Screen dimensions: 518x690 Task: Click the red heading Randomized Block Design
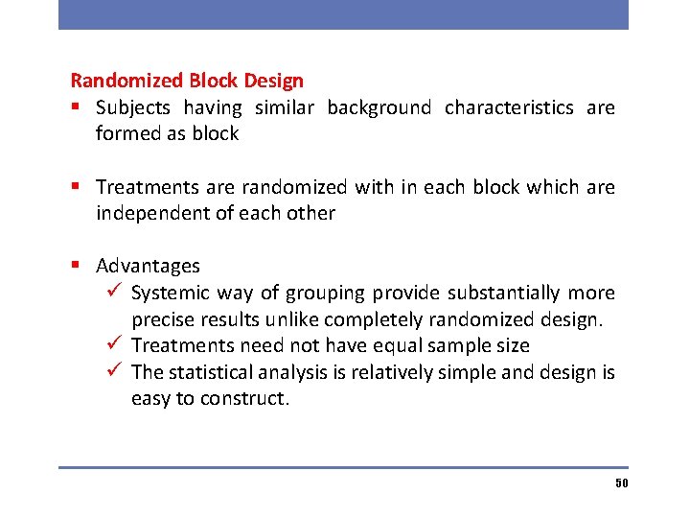click(187, 82)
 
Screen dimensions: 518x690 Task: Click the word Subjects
click(133, 108)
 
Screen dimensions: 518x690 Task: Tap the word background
click(379, 108)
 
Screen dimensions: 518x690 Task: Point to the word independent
click(152, 213)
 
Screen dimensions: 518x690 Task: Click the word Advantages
click(148, 266)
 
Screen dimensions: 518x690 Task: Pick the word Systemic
click(170, 293)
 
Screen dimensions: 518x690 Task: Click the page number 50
click(621, 483)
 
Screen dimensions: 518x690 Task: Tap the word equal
click(394, 345)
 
